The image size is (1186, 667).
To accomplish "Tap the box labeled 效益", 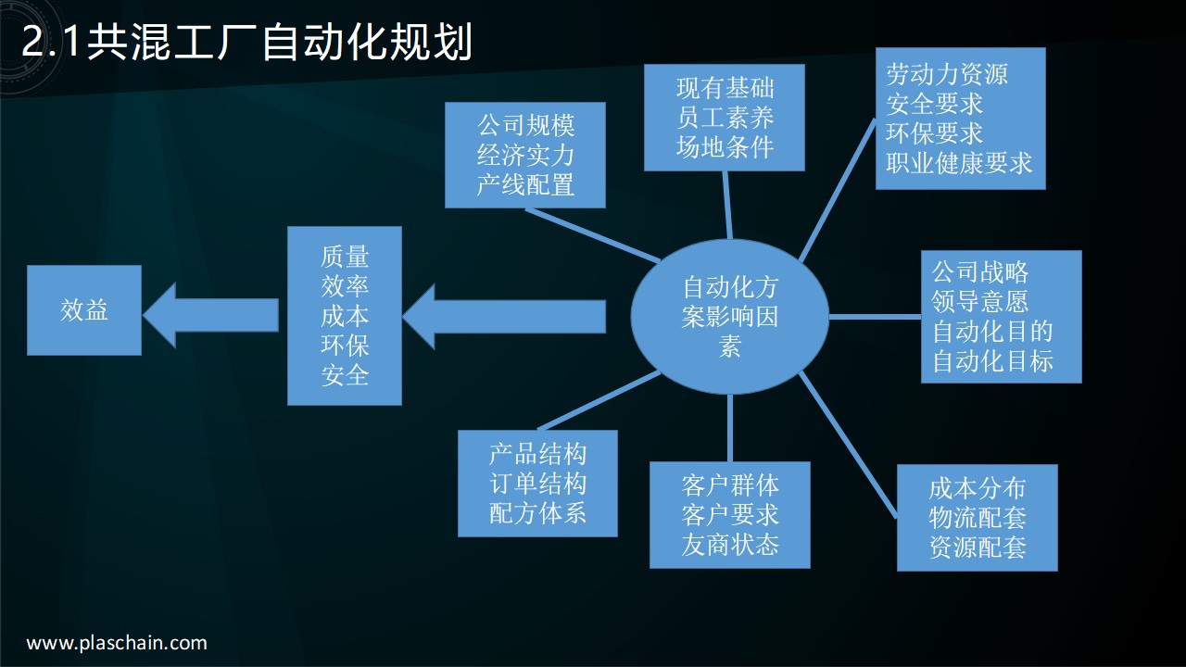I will click(84, 310).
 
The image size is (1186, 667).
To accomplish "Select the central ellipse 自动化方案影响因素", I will click(730, 316).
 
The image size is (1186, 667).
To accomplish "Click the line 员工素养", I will click(725, 118).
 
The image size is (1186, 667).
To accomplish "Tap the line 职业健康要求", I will click(959, 163).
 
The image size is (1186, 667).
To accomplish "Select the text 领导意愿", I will click(979, 301).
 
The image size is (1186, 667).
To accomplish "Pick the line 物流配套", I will click(978, 517).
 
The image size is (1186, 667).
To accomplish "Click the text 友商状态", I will click(730, 545).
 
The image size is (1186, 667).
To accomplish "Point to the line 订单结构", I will click(537, 484).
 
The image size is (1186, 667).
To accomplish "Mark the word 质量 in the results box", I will click(345, 257).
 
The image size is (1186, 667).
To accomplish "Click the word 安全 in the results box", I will click(345, 375).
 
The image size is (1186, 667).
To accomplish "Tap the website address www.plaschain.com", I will click(117, 643).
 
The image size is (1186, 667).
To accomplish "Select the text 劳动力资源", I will click(946, 74).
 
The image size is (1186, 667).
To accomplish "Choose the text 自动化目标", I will click(992, 360).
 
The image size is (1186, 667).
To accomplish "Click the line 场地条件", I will click(725, 147).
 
